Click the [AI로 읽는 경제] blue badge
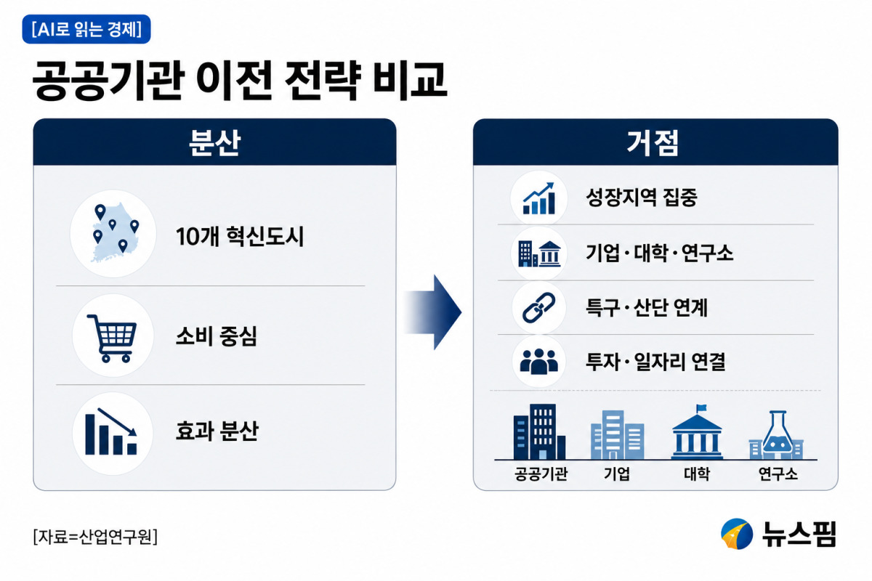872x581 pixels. click(86, 29)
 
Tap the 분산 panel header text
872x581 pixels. click(214, 143)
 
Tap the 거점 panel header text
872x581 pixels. click(653, 143)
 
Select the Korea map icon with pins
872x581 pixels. click(113, 233)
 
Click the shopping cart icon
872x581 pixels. click(113, 338)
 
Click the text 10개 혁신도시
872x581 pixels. click(239, 236)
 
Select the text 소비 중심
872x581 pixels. click(217, 336)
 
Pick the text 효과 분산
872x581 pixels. click(217, 431)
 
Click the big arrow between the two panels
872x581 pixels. click(432, 312)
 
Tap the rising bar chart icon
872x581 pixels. click(538, 198)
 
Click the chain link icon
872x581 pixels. click(538, 307)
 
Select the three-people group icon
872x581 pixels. click(538, 362)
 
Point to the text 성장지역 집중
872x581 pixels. click(641, 198)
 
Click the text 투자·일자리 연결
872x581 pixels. click(655, 362)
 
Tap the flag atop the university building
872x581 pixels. click(701, 409)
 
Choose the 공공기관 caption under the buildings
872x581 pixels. click(541, 474)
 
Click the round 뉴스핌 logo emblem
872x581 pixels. click(737, 534)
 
